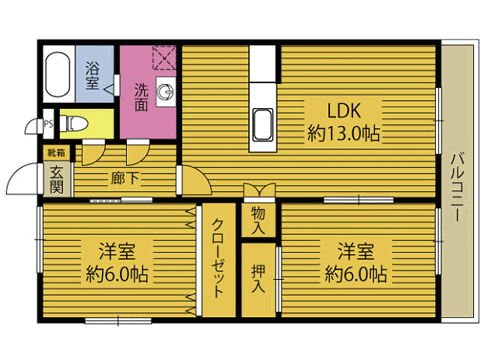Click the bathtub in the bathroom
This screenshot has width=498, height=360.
tap(58, 75)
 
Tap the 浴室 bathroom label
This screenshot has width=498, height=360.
tap(92, 75)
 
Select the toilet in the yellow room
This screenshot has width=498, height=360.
tap(73, 123)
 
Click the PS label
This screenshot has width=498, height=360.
tap(48, 124)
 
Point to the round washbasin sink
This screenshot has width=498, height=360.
tap(166, 92)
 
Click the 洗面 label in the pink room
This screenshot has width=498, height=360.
tap(142, 97)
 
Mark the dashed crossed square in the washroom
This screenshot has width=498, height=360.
tap(164, 58)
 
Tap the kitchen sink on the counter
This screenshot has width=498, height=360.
tap(263, 125)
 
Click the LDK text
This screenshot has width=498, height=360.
tap(344, 110)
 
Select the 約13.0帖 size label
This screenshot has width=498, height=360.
tap(344, 133)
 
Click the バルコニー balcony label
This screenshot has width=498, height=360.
tap(458, 187)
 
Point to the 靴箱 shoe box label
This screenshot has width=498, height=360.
tap(56, 153)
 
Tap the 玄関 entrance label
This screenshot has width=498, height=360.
tap(57, 180)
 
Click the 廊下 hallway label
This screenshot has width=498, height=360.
tap(125, 178)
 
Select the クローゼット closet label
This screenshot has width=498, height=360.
tap(219, 258)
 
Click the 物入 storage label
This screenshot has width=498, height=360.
tap(258, 220)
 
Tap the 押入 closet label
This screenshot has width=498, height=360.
tap(258, 278)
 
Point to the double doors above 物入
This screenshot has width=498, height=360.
tap(259, 191)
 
